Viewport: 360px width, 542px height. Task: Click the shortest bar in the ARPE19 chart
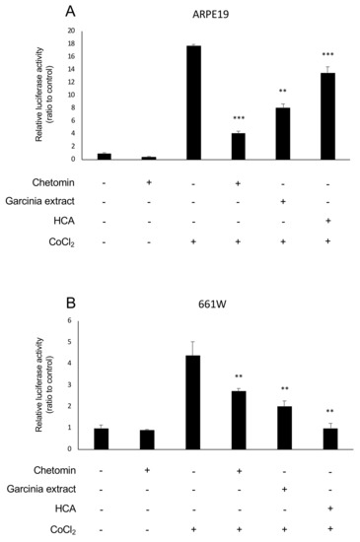(149, 158)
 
